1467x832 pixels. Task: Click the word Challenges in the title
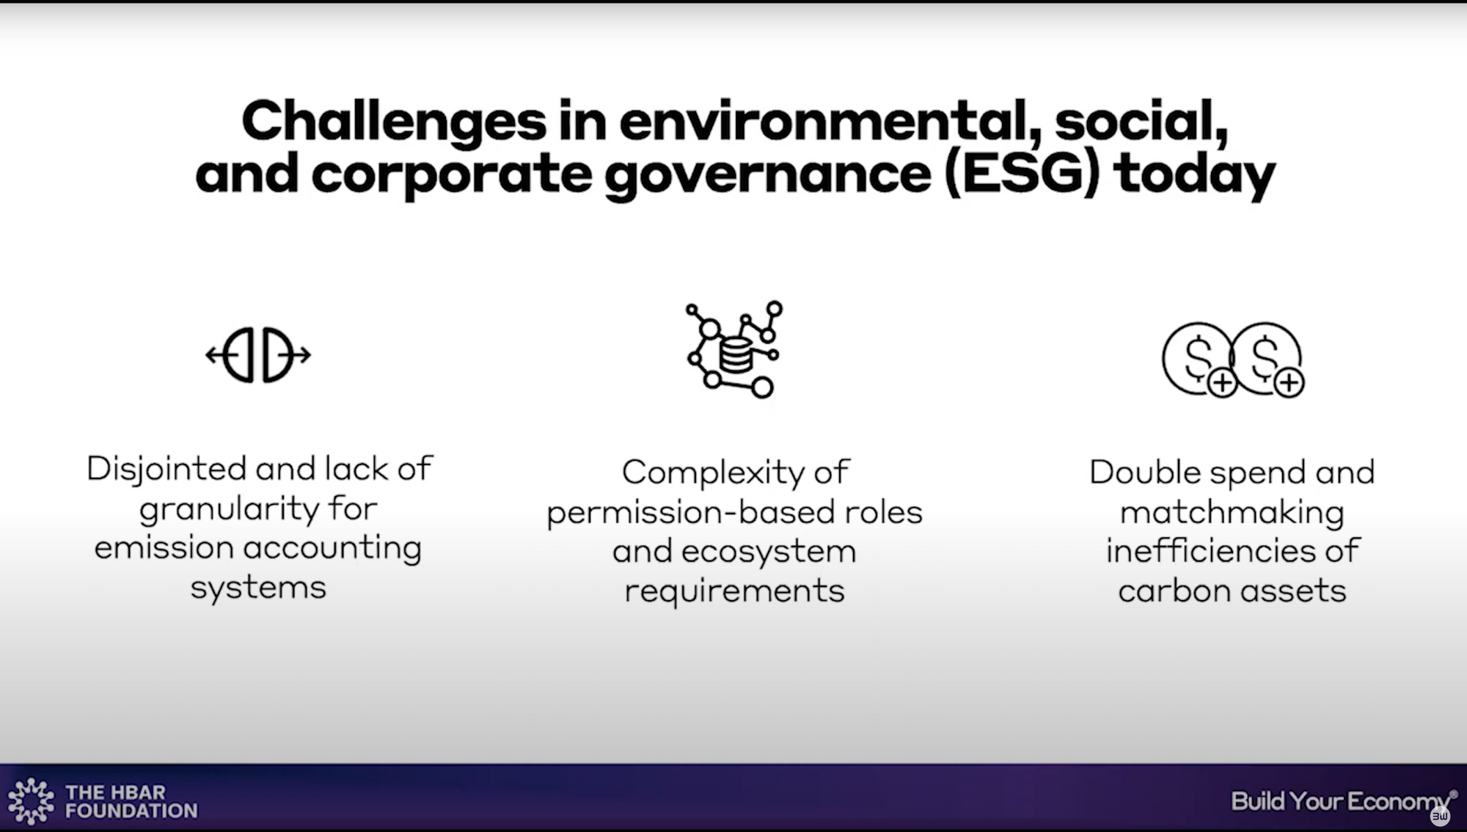click(394, 123)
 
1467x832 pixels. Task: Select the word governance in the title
click(768, 177)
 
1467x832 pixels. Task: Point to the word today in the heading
click(1194, 176)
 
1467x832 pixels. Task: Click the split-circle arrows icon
click(258, 355)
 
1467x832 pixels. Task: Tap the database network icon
click(734, 349)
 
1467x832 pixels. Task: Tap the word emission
click(164, 548)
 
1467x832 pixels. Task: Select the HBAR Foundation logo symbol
click(31, 801)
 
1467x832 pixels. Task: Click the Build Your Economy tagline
click(1341, 802)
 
